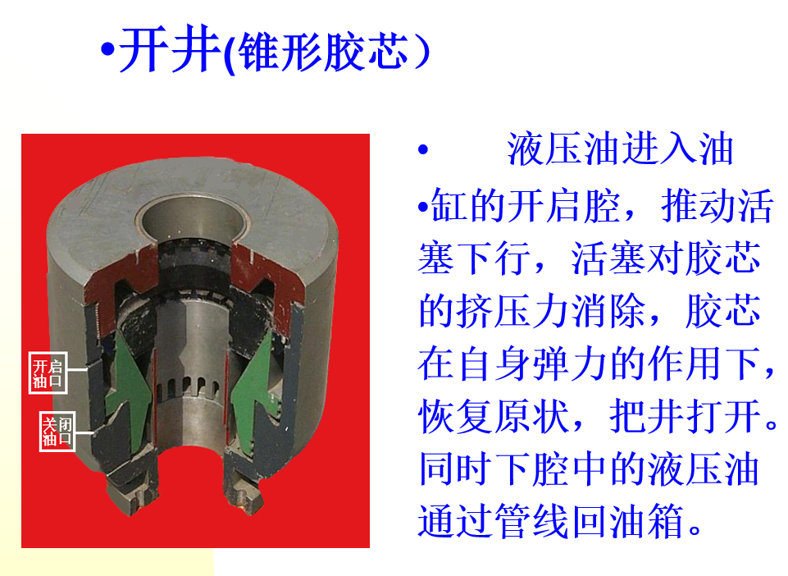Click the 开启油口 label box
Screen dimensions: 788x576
coord(48,373)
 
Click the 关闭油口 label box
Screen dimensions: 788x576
coord(57,431)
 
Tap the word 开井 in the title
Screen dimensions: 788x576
coord(170,50)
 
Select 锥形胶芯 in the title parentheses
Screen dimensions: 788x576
coord(322,53)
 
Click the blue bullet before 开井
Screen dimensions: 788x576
coord(107,50)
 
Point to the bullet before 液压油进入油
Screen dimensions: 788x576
coord(423,149)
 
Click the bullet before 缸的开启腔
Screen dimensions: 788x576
coord(423,206)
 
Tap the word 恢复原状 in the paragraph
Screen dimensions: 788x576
coord(494,416)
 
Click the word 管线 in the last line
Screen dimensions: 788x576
coord(531,521)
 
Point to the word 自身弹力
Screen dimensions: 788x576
coord(531,363)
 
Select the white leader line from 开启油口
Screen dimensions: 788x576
coord(77,370)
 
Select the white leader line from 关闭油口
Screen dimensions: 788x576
coord(84,432)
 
